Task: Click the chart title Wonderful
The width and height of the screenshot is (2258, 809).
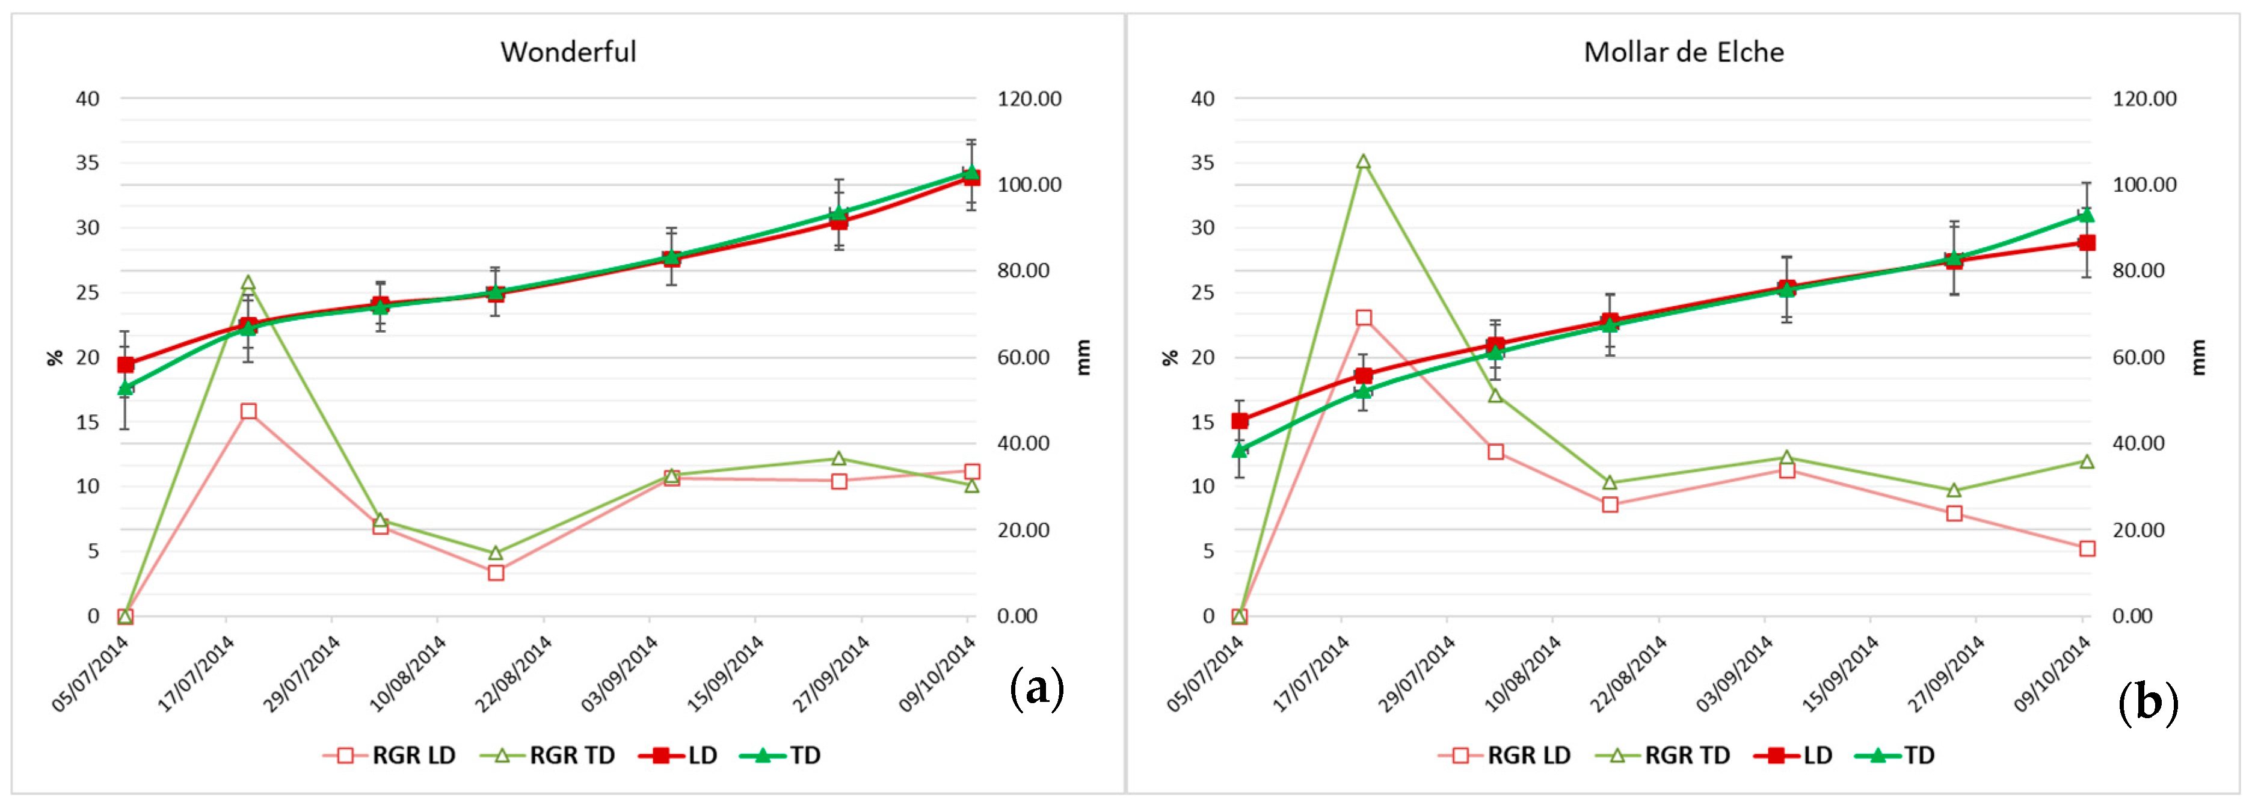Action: coord(568,52)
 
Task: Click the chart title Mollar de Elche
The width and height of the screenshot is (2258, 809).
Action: coord(1683,52)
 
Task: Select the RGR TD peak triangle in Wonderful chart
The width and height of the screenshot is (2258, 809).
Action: coord(248,283)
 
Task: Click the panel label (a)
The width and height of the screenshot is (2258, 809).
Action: coord(1037,688)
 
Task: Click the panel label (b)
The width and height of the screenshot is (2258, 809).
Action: coord(2147,702)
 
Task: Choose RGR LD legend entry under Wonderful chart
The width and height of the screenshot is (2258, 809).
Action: coord(390,755)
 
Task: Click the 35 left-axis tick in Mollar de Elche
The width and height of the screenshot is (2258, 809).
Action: coord(1202,163)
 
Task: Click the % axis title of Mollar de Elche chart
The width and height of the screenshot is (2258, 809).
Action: coord(1170,358)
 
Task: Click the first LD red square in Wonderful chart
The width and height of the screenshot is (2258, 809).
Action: coord(125,365)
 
